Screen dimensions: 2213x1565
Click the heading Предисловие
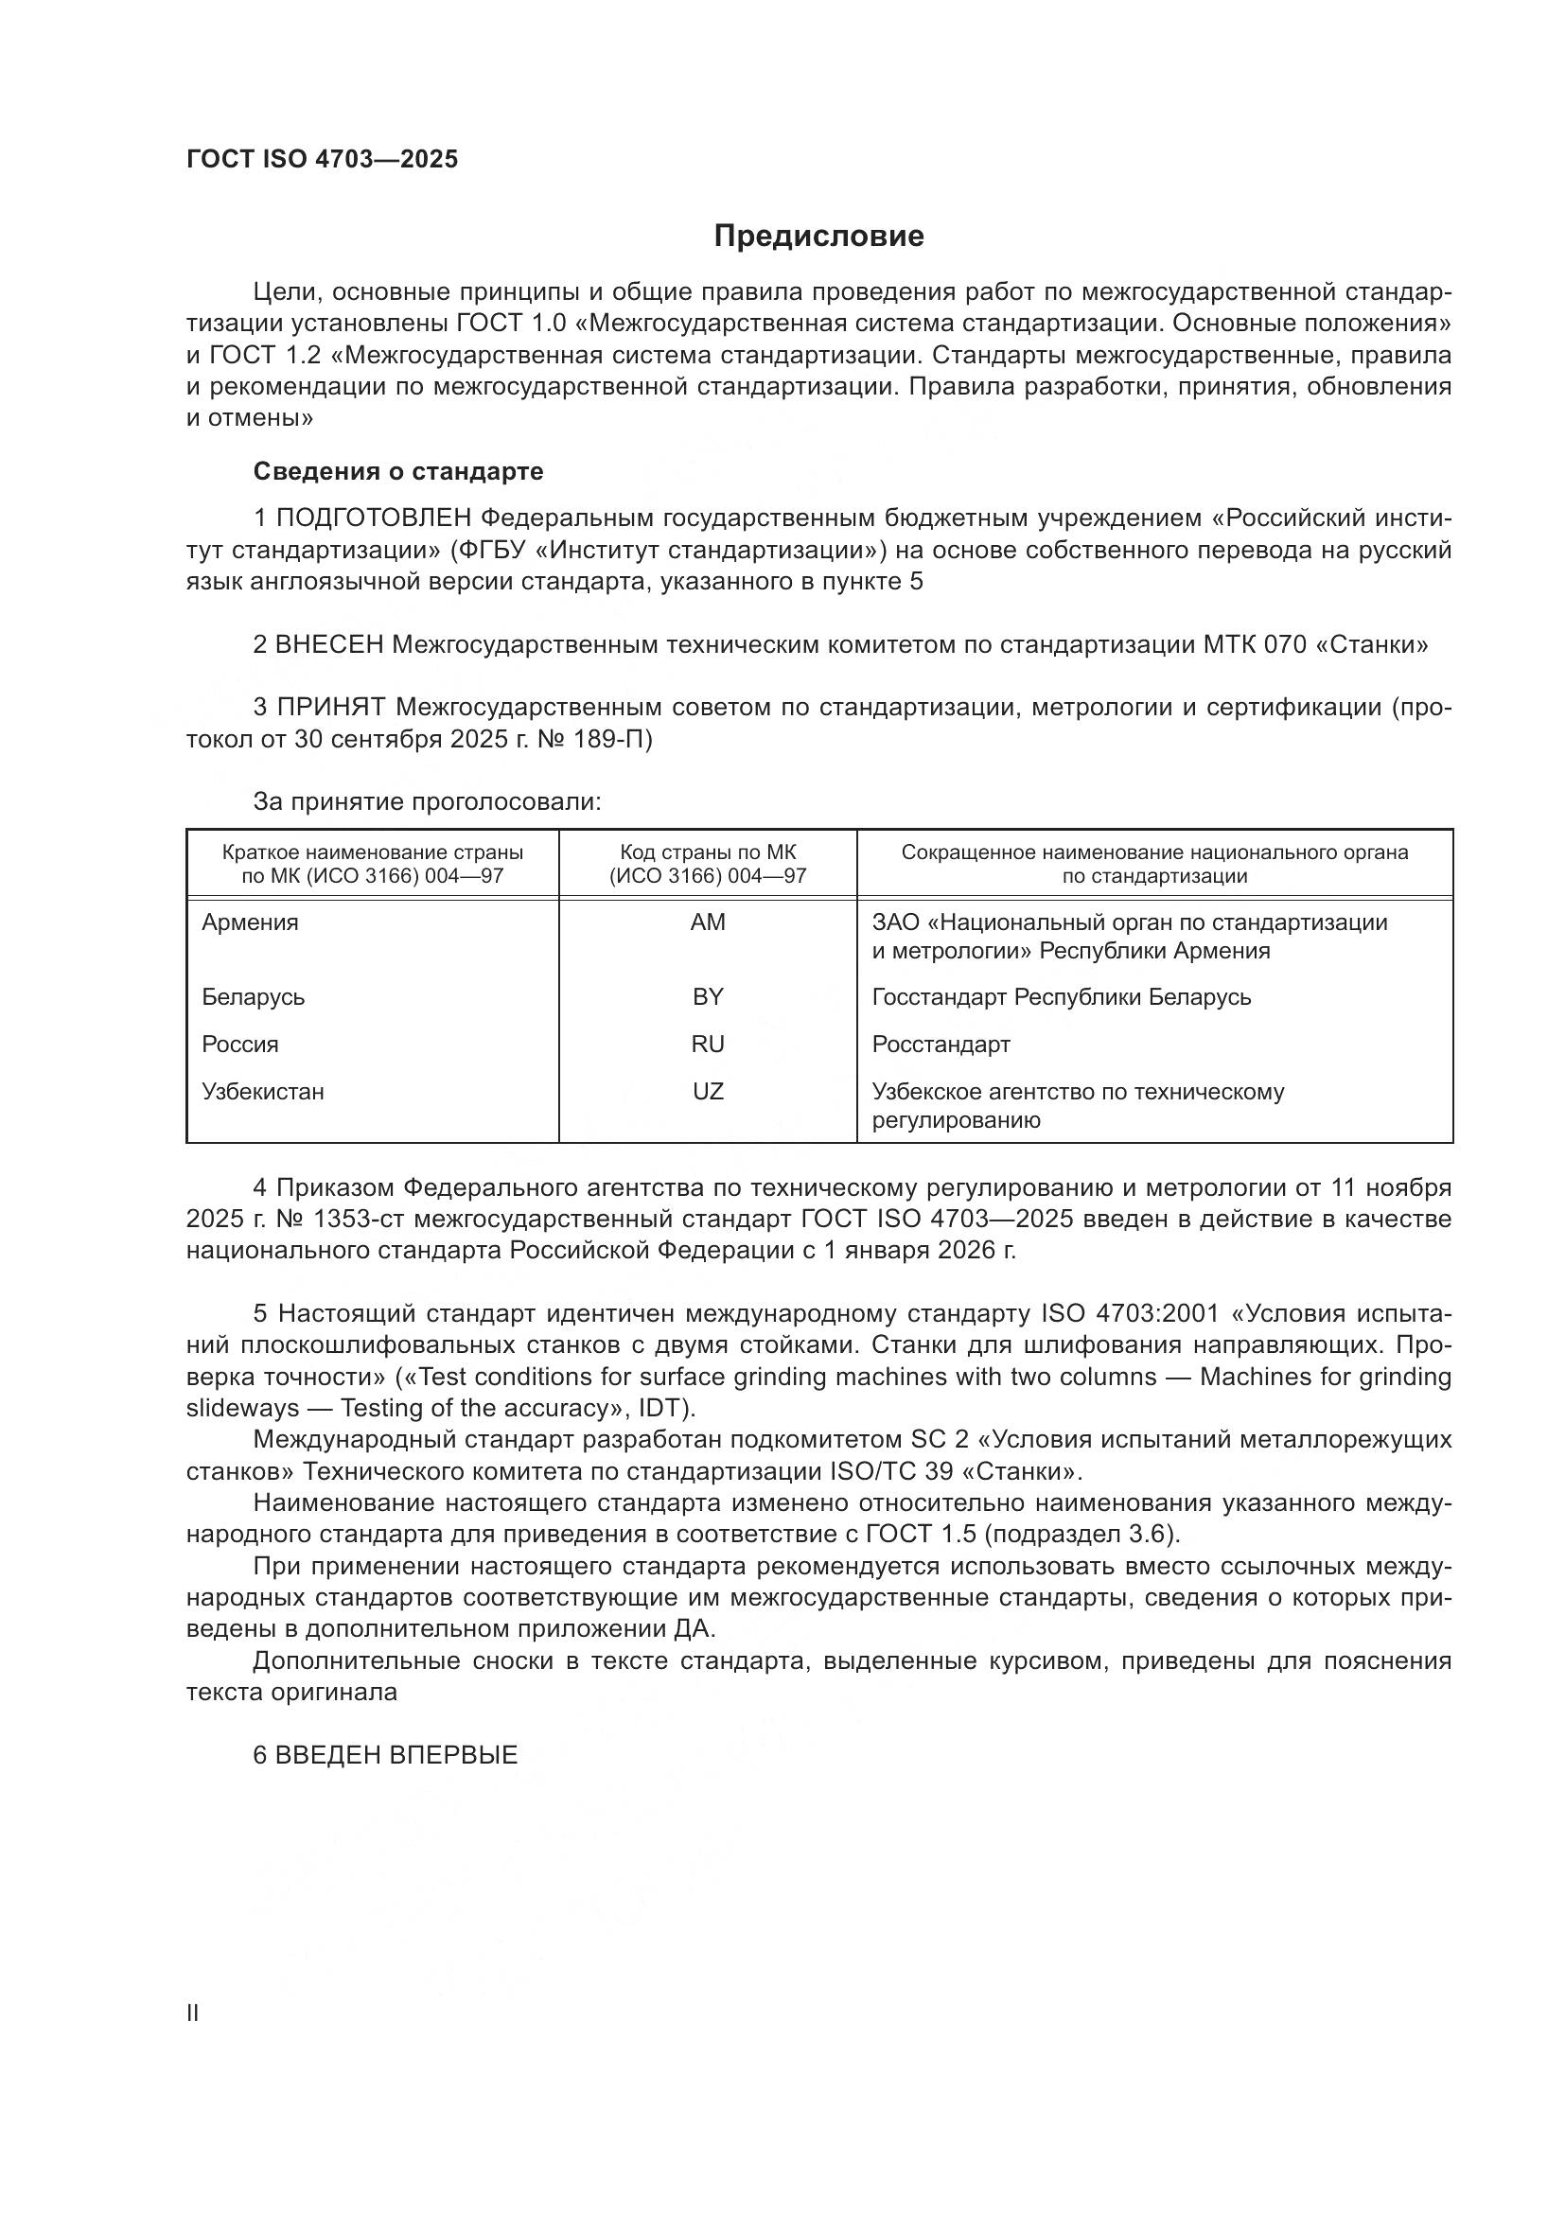818,237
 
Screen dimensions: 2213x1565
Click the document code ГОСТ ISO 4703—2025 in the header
322,159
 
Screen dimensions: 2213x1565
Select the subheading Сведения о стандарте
398,471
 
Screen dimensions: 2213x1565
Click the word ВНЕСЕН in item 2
329,645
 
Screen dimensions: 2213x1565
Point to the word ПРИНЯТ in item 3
331,708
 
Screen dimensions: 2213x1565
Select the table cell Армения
251,922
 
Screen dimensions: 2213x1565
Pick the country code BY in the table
708,996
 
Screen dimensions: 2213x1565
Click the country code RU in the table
708,1044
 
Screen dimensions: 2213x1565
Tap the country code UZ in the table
708,1091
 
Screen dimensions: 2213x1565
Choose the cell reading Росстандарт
941,1044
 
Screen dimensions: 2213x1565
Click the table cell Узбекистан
263,1091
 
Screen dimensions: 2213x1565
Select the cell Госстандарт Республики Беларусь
1061,996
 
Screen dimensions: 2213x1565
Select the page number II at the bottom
193,2012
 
